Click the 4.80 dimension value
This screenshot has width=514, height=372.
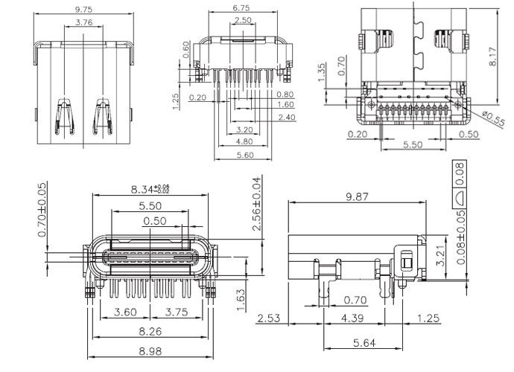pyautogui.click(x=243, y=141)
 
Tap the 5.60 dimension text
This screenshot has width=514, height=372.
pyautogui.click(x=243, y=155)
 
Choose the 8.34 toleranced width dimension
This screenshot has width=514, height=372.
pyautogui.click(x=150, y=189)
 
